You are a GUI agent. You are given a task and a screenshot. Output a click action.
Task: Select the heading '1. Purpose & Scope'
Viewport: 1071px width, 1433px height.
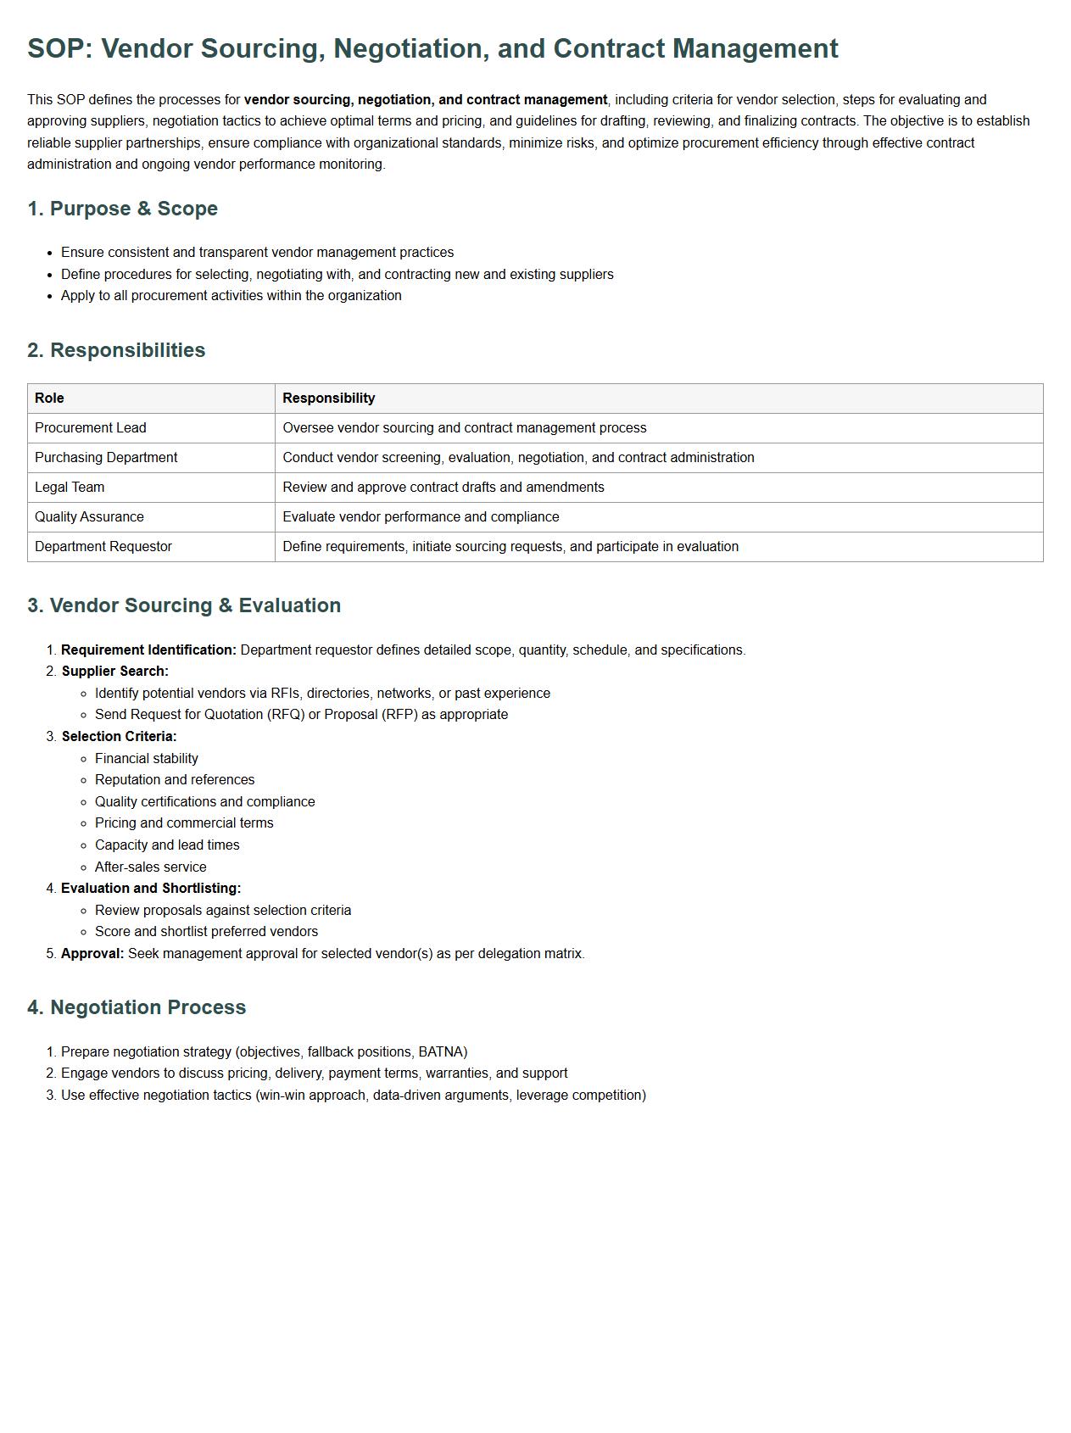[122, 209]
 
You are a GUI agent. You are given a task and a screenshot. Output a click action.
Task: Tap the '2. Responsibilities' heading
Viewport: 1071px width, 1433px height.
[116, 350]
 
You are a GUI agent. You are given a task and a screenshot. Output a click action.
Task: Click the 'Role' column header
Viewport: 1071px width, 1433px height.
[49, 399]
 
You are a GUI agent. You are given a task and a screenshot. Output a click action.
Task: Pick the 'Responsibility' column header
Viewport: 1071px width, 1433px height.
[328, 399]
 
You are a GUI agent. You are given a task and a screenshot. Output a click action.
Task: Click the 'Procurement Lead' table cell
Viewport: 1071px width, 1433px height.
[91, 428]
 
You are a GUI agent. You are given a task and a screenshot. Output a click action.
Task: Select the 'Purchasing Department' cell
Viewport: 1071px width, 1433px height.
[106, 458]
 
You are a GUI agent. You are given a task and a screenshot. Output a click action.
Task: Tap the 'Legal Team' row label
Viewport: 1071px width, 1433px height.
[70, 488]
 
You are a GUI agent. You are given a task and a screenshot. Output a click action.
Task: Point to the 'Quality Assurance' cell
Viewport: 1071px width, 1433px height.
[89, 517]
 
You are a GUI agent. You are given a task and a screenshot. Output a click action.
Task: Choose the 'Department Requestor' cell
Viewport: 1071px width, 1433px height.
[103, 547]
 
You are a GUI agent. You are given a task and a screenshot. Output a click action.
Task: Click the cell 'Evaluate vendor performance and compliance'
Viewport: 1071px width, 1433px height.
[421, 517]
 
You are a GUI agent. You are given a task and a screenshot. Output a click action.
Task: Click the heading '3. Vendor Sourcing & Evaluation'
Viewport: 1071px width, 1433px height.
[184, 605]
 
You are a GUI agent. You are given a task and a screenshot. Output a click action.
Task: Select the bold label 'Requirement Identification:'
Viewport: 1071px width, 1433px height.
[148, 650]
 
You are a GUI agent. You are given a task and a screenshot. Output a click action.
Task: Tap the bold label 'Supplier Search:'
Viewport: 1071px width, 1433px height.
[114, 672]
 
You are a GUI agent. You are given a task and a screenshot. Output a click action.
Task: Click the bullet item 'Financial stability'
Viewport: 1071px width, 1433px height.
[147, 759]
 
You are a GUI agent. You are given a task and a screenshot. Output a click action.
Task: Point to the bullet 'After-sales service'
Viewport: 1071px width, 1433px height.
[151, 867]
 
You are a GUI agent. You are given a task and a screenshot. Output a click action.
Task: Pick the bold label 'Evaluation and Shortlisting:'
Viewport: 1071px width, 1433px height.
[151, 889]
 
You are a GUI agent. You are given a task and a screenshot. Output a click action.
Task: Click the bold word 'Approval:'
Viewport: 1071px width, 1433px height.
[92, 954]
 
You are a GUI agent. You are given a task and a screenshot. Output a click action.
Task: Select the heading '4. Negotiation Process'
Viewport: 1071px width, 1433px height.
[137, 1007]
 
